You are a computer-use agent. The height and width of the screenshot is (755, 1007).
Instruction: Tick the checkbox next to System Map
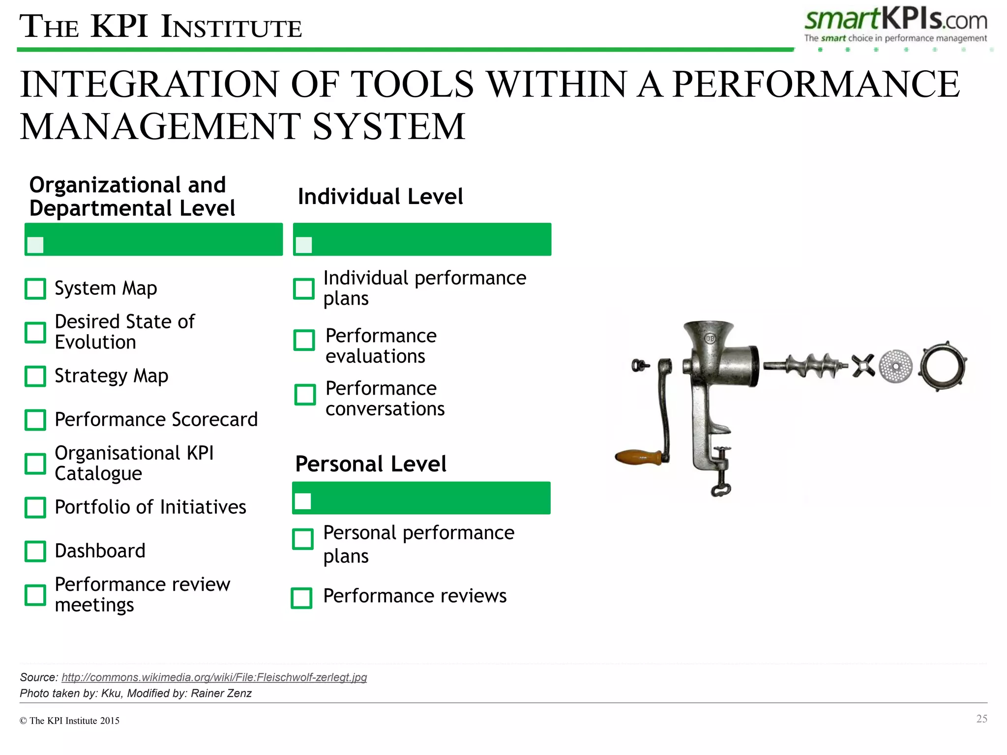[35, 289]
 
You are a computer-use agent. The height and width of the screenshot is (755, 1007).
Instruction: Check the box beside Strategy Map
[35, 376]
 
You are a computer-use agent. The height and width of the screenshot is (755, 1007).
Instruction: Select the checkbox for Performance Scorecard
[35, 420]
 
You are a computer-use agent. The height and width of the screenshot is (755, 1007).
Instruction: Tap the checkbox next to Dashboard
[35, 551]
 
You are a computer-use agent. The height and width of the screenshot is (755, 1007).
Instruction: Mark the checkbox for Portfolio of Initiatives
[35, 507]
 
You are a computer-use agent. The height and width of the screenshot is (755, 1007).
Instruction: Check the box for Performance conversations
[305, 394]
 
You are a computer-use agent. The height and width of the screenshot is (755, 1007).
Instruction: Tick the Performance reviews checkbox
[301, 598]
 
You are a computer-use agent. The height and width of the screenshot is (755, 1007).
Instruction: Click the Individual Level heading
[380, 197]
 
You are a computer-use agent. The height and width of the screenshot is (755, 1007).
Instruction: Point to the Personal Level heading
[371, 464]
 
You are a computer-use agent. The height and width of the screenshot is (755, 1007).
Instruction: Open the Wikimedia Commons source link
[214, 677]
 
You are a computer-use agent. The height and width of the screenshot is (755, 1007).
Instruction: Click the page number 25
[981, 719]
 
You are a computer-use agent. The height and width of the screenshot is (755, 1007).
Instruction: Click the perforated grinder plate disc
[895, 366]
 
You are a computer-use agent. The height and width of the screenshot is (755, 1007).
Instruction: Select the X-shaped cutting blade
[863, 366]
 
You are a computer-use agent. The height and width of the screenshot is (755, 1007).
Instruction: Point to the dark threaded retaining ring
[943, 367]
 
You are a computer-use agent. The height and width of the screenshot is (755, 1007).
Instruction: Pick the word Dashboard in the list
[100, 551]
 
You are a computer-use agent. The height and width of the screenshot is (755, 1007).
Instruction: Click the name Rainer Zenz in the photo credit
[221, 693]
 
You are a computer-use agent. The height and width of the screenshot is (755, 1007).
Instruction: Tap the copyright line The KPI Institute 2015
[70, 721]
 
